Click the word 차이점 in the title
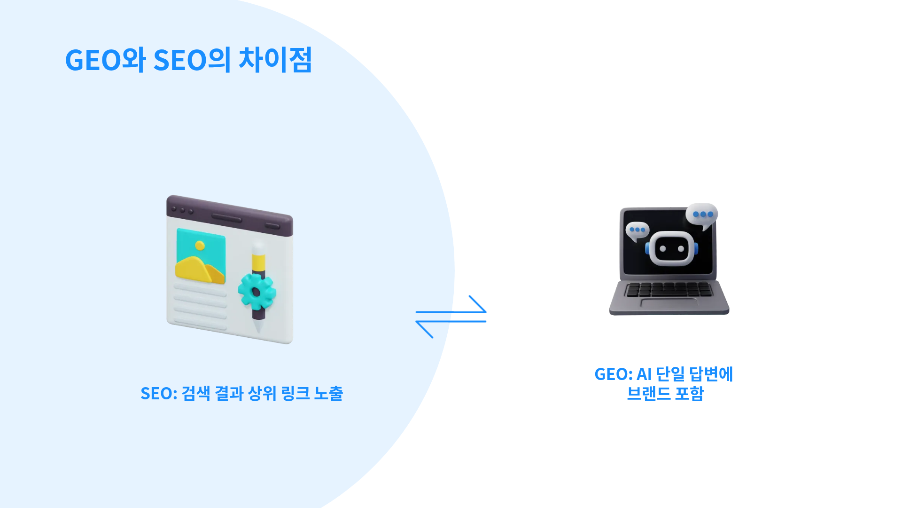coord(275,60)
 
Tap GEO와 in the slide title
coord(106,60)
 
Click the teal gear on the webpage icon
coord(257,292)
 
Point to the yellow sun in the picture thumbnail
coord(200,246)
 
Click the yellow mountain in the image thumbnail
coord(200,269)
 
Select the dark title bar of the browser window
coord(230,215)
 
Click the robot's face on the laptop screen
coord(672,248)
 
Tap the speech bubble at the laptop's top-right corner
coord(702,215)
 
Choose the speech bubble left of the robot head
coord(637,231)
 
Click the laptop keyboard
coord(669,289)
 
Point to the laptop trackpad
coord(669,303)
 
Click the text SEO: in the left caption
coord(159,394)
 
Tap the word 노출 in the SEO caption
coord(328,393)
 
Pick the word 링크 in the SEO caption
coord(295,393)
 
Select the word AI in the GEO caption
coord(644,374)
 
